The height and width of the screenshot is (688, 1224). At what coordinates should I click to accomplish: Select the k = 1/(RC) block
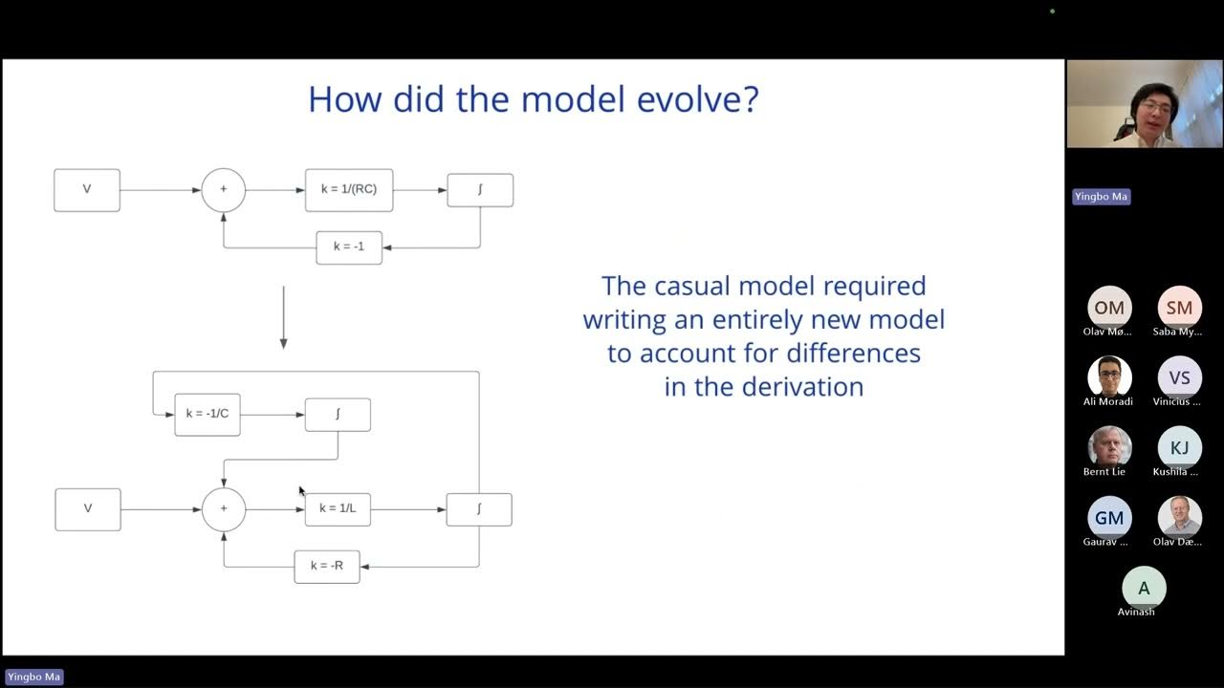tap(349, 189)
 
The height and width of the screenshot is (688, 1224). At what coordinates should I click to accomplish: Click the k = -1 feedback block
tap(349, 247)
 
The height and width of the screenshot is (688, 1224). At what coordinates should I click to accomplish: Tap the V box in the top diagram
tap(87, 189)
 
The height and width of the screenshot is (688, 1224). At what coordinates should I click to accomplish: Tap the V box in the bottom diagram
tap(88, 508)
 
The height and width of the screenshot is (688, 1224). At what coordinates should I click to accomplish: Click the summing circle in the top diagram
tap(224, 189)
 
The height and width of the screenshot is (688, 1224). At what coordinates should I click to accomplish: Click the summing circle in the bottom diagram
tap(224, 508)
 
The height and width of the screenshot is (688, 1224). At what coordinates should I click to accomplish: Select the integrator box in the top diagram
tap(480, 189)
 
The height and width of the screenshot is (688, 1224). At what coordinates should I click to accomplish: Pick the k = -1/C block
tap(208, 414)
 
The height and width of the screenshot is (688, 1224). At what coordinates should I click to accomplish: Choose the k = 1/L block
tap(338, 508)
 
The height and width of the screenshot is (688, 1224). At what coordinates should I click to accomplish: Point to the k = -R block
tap(327, 566)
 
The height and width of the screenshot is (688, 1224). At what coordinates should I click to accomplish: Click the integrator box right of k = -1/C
tap(338, 414)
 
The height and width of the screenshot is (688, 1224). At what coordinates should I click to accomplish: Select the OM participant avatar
tap(1109, 308)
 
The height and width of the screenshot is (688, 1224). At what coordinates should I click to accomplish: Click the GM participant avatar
tap(1109, 518)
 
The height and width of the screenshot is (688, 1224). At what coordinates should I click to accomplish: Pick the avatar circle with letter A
tap(1144, 588)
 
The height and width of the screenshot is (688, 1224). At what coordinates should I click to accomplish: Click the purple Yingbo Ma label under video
tap(1101, 196)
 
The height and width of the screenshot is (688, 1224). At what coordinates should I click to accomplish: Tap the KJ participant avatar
tap(1179, 447)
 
